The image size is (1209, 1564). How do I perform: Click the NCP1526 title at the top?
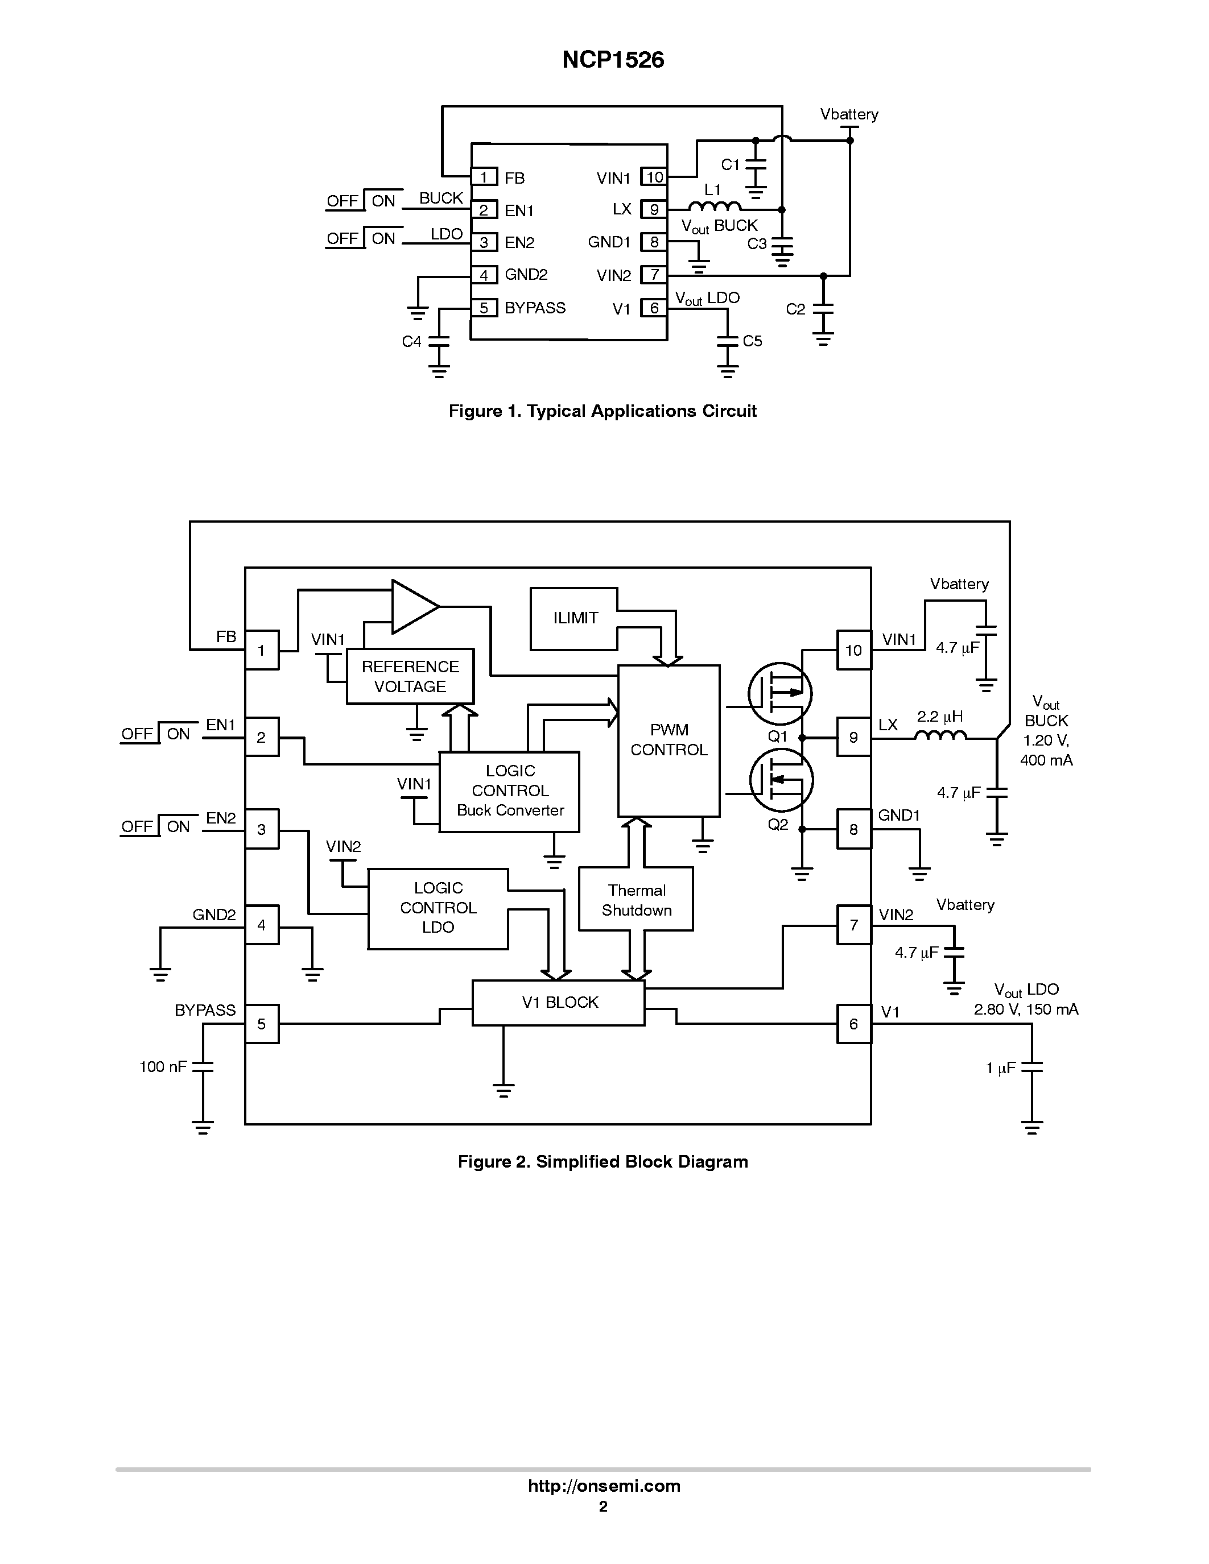coord(613,60)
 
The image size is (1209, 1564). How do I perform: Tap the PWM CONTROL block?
coord(669,740)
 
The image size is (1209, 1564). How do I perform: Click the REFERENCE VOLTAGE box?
coord(410,677)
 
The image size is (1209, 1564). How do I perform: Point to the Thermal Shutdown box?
coord(636,900)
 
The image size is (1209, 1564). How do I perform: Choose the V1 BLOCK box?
coord(559,1003)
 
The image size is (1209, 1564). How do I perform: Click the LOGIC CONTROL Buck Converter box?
coord(509,791)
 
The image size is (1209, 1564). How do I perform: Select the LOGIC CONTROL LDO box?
coord(438,908)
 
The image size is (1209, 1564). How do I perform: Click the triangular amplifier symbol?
coord(413,607)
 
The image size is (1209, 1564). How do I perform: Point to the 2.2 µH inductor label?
coord(940,717)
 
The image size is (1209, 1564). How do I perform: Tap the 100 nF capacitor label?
coord(163,1067)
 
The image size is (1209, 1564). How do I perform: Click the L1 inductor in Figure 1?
coord(714,207)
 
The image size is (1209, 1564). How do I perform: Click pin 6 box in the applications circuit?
coord(654,308)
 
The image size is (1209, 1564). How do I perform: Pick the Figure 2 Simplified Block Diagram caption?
coord(603,1161)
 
